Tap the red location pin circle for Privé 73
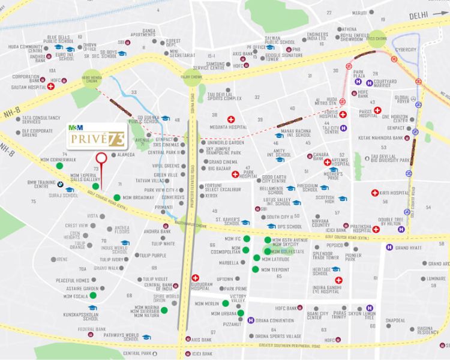click(x=101, y=158)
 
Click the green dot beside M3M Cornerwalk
click(x=59, y=164)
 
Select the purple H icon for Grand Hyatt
click(x=389, y=247)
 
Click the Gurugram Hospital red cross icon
click(x=196, y=278)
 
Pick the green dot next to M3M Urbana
click(x=241, y=313)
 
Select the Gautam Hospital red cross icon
click(x=51, y=86)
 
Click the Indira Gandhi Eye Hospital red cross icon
click(x=339, y=280)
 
